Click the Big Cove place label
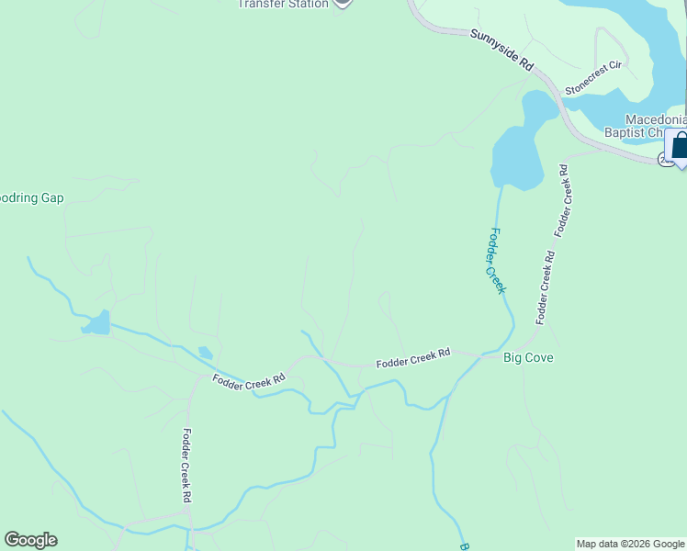point(528,357)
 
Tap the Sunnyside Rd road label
point(501,50)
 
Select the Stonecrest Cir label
point(594,78)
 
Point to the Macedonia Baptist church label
point(656,126)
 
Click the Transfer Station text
point(283,4)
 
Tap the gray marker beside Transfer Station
point(343,3)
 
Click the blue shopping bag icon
point(680,146)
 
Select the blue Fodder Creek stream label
point(497,261)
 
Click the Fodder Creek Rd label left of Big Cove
point(413,359)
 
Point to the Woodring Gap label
point(31,197)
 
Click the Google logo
point(30,540)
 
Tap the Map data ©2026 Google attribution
point(630,544)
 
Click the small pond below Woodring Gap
point(96,323)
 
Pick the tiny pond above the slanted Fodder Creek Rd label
point(205,353)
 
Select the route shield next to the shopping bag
point(664,160)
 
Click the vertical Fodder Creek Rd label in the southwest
point(186,466)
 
